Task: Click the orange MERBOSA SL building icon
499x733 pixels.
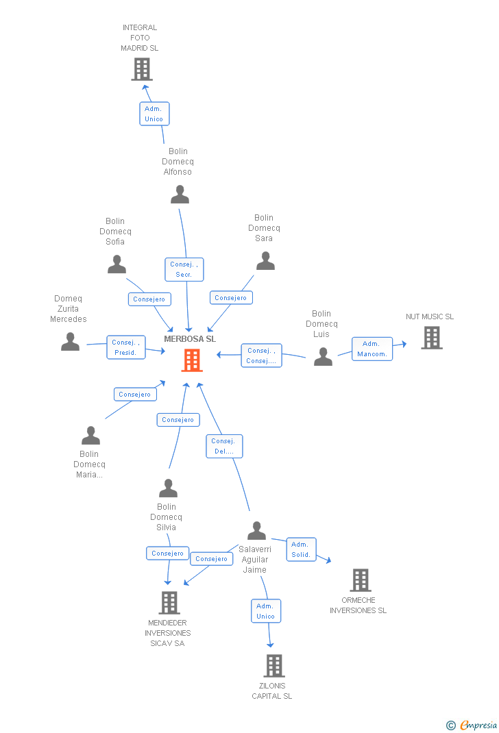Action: coord(192,360)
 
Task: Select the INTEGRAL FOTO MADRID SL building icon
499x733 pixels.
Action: coord(142,69)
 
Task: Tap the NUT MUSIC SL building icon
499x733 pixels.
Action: coord(431,338)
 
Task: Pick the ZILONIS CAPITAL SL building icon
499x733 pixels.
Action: coord(273,665)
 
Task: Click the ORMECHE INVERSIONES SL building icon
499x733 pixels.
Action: coord(361,580)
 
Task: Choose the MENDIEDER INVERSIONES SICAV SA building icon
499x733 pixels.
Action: coord(169,603)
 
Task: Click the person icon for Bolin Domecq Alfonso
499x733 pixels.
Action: coord(180,195)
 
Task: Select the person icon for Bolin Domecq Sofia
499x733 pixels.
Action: coord(117,264)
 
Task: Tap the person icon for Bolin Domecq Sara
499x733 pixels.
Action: coord(265,261)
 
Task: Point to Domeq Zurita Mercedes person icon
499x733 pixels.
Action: coord(70,341)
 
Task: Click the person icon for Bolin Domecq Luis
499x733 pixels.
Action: coord(323,356)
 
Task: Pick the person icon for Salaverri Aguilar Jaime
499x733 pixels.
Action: coord(256,531)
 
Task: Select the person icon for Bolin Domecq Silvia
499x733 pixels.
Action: coord(168,488)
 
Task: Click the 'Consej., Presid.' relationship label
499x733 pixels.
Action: coord(126,347)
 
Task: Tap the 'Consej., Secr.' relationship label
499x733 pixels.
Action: coord(184,269)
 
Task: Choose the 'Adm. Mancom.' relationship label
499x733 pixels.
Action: coord(372,349)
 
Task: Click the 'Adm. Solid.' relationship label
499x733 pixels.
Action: coord(301,549)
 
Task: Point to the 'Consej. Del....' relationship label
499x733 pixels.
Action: coord(224,446)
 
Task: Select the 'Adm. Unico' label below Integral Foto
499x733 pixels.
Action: coord(154,114)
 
